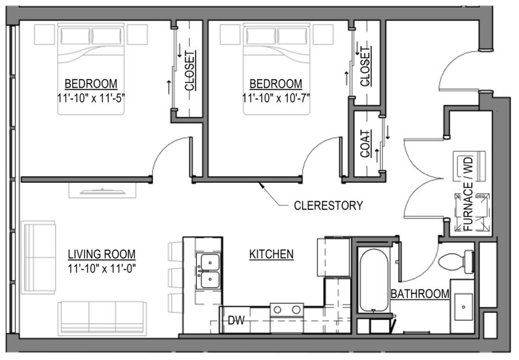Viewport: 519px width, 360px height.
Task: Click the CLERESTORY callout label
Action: tap(328, 205)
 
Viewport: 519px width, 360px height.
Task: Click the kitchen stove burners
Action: tap(287, 310)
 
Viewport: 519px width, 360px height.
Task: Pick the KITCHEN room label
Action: tap(272, 254)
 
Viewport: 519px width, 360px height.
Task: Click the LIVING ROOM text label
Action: tap(101, 254)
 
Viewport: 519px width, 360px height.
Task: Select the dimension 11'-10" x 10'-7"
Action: tap(276, 97)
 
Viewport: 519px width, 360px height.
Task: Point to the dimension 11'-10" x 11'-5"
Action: tap(91, 97)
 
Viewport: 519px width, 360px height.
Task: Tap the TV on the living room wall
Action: tap(102, 190)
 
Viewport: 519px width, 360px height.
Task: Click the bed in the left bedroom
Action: tap(91, 69)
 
